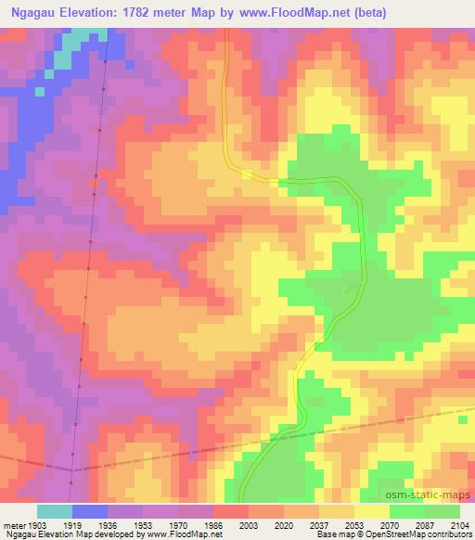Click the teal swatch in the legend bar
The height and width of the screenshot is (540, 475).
point(55,511)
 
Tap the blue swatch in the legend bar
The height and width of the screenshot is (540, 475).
point(90,511)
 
